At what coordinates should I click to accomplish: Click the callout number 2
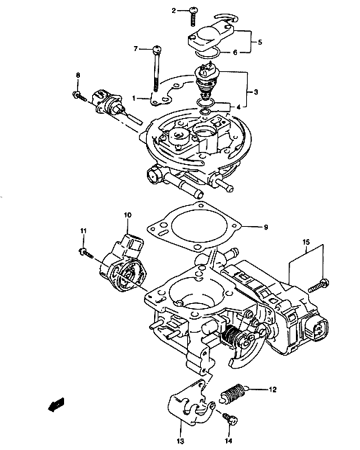174,11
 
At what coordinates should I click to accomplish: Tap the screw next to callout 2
193,17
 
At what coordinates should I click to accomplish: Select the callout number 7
136,49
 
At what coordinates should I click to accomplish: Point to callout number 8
78,75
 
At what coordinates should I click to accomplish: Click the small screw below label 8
79,96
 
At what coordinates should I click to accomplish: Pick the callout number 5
260,42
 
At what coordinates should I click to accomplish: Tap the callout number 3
256,92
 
